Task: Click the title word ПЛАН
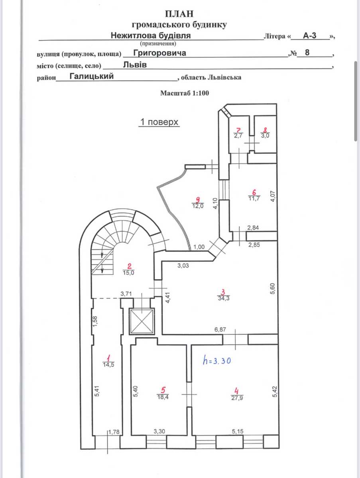tap(179, 14)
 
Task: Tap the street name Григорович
tap(160, 53)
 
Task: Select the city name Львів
tap(135, 65)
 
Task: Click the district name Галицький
tap(92, 76)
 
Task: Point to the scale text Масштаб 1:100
tap(185, 93)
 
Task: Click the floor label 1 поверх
tap(159, 122)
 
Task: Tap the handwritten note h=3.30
tap(216, 360)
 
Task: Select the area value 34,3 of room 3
tap(224, 298)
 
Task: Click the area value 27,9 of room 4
tap(237, 398)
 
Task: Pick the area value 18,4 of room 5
tap(163, 397)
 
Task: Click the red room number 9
tap(198, 200)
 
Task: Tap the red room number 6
tap(254, 192)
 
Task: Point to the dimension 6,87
tap(220, 329)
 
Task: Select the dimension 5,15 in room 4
tap(238, 431)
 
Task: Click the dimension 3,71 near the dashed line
tap(126, 294)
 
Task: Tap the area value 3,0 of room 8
tap(265, 135)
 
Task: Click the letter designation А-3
tap(309, 35)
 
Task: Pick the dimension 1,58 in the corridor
tap(95, 321)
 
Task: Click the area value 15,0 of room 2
tap(128, 272)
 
